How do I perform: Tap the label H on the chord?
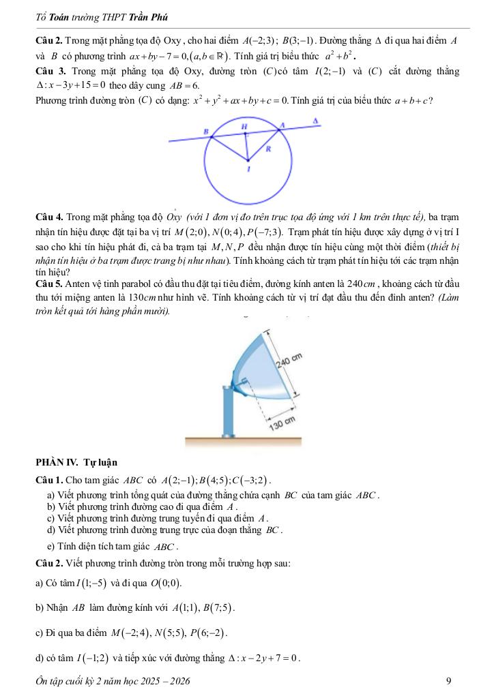pos(244,126)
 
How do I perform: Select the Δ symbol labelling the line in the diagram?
pos(315,120)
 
